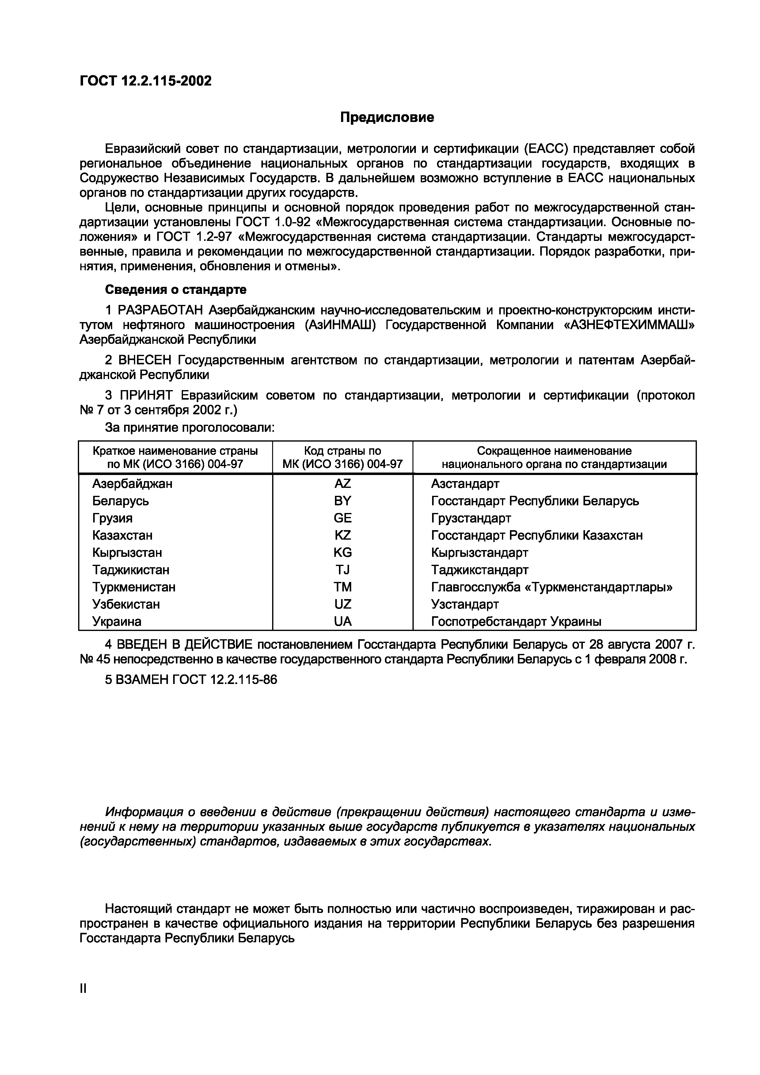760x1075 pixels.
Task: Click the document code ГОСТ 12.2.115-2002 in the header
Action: [x=146, y=81]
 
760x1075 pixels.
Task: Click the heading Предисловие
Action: [x=387, y=117]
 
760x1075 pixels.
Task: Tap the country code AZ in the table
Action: [x=342, y=483]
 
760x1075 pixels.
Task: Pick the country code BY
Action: [x=342, y=500]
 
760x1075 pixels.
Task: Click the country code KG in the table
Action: [x=342, y=553]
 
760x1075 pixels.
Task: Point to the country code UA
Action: [x=342, y=621]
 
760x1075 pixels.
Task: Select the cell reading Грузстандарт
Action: [x=471, y=518]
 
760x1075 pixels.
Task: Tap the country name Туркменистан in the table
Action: [x=134, y=587]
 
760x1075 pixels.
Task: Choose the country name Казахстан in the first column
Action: [x=122, y=535]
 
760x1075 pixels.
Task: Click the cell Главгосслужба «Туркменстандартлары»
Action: [x=552, y=587]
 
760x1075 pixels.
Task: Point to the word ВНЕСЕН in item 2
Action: [x=146, y=360]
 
